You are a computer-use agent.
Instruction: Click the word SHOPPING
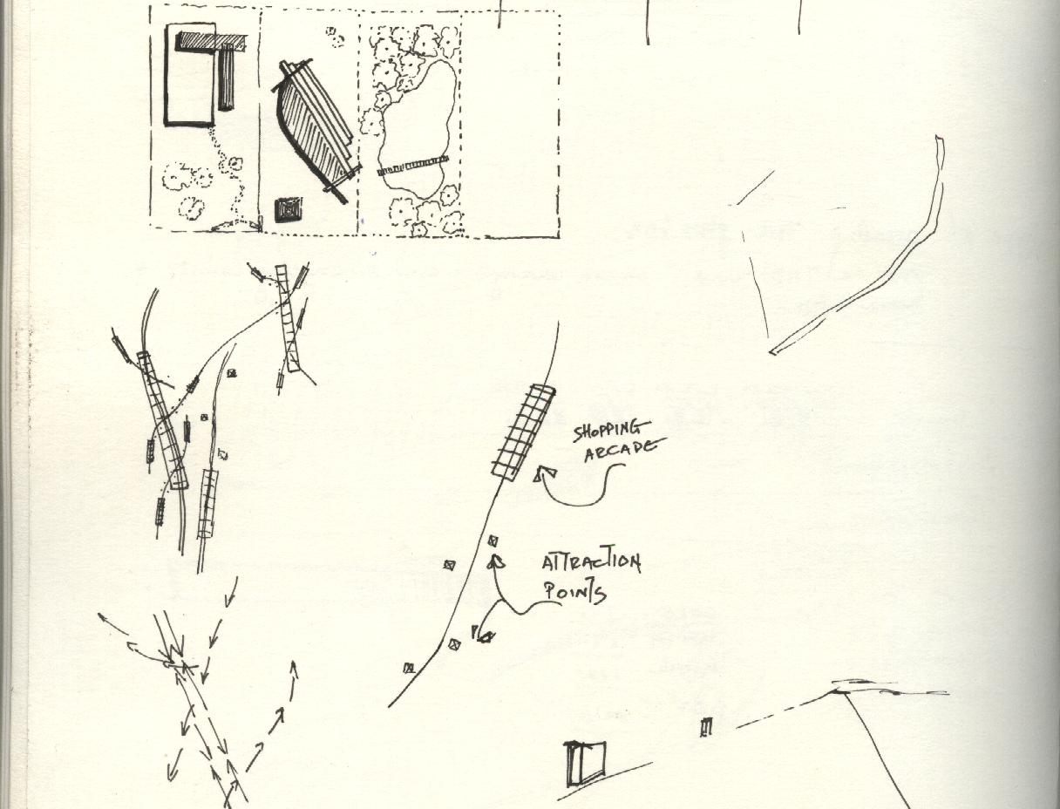tap(611, 431)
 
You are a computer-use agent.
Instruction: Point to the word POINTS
tap(574, 592)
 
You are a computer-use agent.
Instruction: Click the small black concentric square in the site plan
tap(289, 210)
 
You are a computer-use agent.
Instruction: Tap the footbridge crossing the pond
tap(413, 165)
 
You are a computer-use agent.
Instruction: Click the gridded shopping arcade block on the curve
tap(524, 432)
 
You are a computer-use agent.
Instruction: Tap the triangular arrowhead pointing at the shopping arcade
tap(545, 474)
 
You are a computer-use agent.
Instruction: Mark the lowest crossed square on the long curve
tap(409, 668)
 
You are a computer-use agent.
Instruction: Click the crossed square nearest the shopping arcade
tap(493, 541)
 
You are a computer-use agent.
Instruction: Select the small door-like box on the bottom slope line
tap(585, 761)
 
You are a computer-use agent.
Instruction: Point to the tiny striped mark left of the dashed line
tap(706, 727)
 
